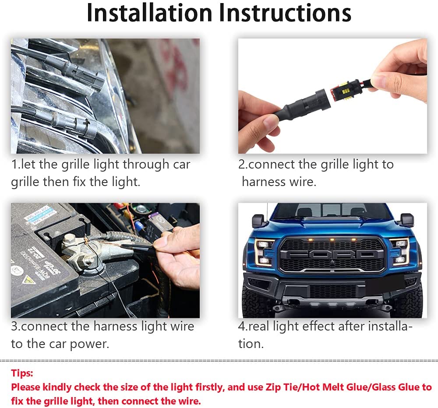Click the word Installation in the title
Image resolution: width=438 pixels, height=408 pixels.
tap(149, 13)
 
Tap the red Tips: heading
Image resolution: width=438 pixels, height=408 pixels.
tap(22, 373)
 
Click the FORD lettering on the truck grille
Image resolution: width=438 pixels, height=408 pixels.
tap(332, 255)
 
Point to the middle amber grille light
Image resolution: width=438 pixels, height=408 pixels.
tap(332, 239)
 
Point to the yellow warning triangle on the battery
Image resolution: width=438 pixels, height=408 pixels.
tap(28, 279)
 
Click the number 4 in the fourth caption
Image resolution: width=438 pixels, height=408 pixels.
tap(241, 327)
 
